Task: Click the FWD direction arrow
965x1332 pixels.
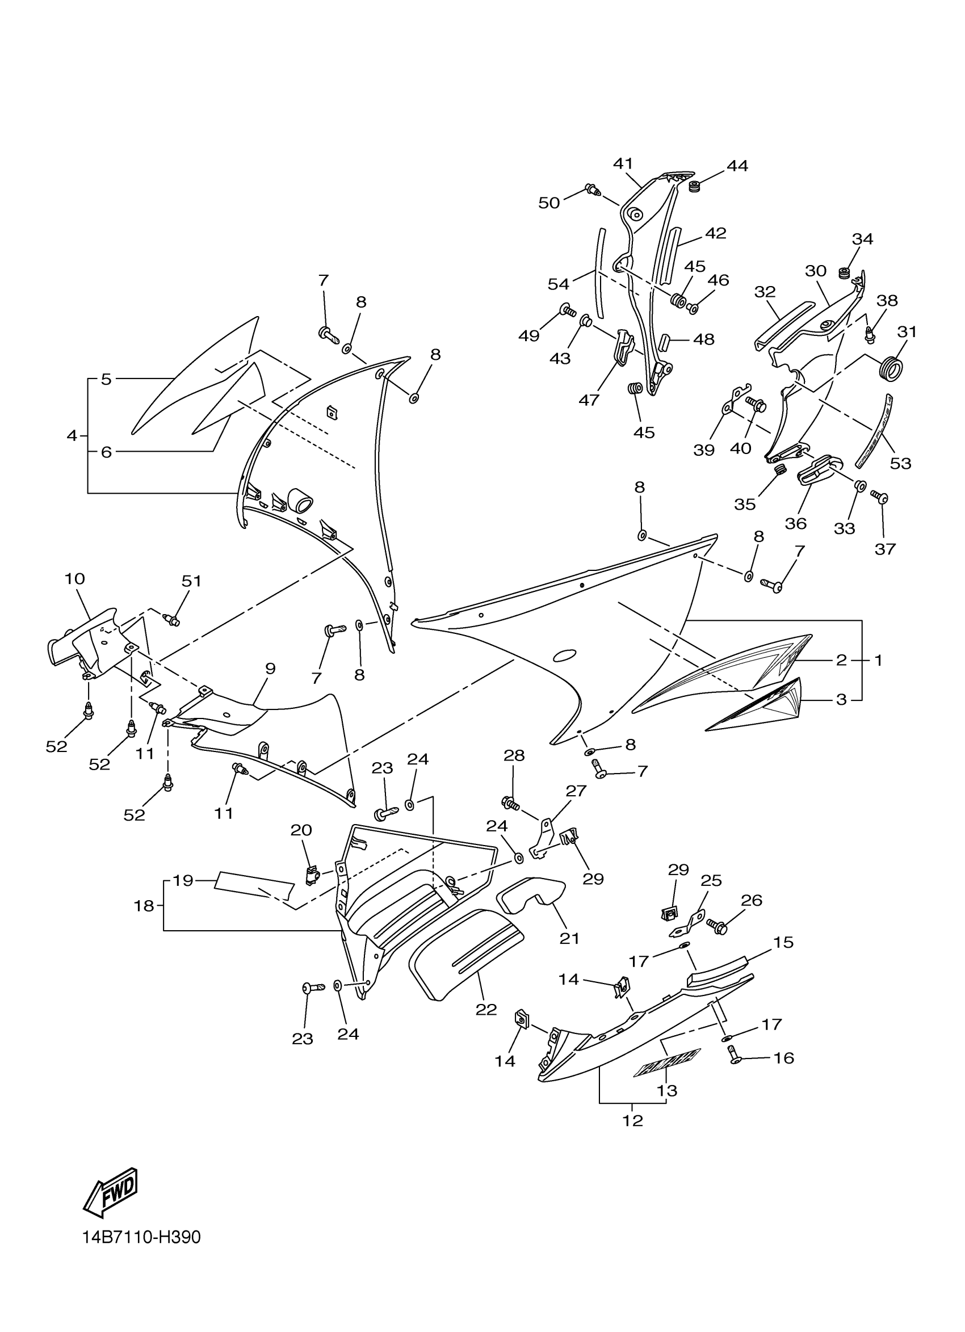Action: click(x=111, y=1192)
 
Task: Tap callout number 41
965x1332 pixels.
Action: click(x=623, y=163)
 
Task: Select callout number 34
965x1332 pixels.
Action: click(x=862, y=239)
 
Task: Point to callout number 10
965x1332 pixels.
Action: click(x=74, y=578)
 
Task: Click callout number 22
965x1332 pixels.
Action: click(x=486, y=1010)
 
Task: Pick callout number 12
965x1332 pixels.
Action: click(x=632, y=1120)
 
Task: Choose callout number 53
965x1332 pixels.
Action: click(x=900, y=463)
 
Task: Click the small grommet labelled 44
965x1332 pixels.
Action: click(x=695, y=187)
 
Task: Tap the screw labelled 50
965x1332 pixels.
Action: click(x=592, y=189)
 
